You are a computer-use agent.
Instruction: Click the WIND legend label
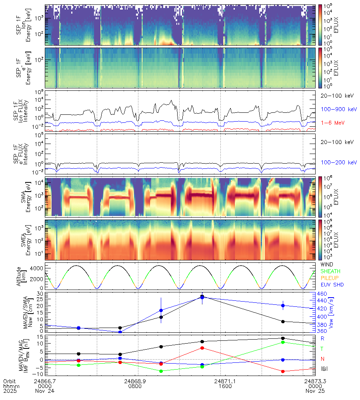(327, 264)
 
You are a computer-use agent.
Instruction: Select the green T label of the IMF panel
(322, 348)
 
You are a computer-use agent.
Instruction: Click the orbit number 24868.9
(137, 380)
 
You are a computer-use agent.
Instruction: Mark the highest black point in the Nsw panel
(202, 296)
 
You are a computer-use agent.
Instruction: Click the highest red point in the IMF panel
(202, 348)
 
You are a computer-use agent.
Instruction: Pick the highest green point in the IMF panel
(283, 342)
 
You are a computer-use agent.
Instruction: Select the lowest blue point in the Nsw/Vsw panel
(120, 332)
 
